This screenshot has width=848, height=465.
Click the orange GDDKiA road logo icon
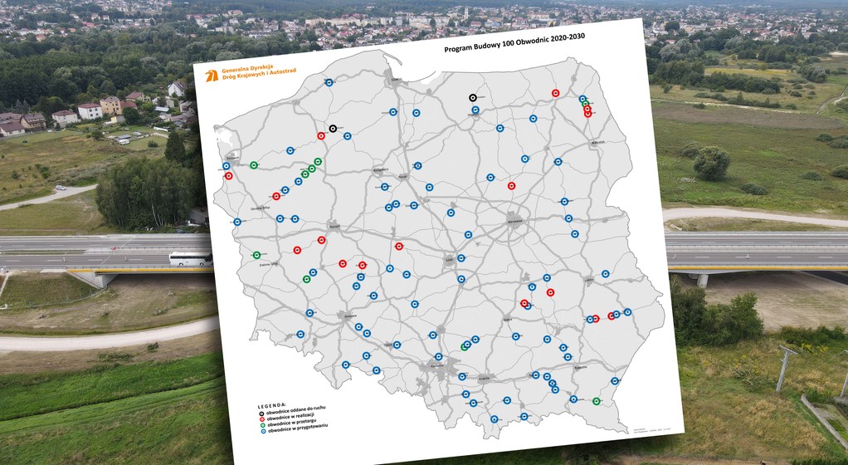tap(211, 76)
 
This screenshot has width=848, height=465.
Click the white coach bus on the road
tap(190, 259)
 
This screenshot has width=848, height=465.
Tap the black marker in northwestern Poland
tap(333, 129)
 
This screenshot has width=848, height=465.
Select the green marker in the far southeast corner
tap(597, 401)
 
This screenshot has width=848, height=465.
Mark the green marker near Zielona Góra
tap(256, 255)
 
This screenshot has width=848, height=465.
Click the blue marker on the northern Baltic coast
tap(329, 82)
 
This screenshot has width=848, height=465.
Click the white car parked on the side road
tap(124, 140)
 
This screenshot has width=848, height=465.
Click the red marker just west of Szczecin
tap(228, 176)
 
